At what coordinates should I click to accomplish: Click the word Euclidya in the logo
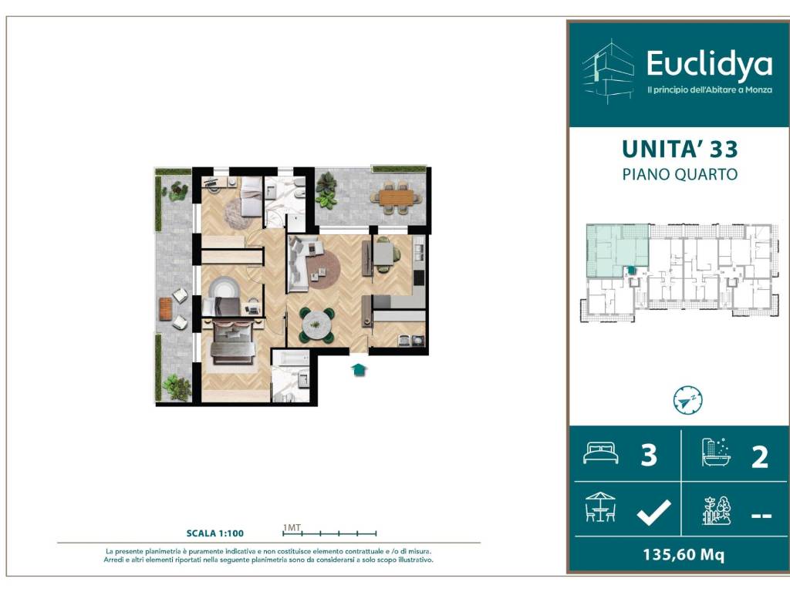(709, 65)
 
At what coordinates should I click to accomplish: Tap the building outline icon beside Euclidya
(608, 72)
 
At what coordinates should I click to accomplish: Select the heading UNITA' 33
(680, 149)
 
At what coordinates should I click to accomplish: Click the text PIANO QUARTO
(680, 174)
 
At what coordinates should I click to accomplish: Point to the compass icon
(687, 400)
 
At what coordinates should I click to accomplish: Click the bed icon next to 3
(600, 452)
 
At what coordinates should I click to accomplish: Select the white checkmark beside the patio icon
(653, 513)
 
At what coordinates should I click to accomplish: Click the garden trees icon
(717, 510)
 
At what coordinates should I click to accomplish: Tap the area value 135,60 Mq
(684, 555)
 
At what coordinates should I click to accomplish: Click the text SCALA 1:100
(215, 533)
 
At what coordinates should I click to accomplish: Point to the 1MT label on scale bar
(292, 527)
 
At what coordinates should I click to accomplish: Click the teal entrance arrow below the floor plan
(358, 370)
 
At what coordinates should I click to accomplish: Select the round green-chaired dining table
(316, 325)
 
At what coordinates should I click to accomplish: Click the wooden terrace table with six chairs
(396, 197)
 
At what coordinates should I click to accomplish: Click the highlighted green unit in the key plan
(617, 251)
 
